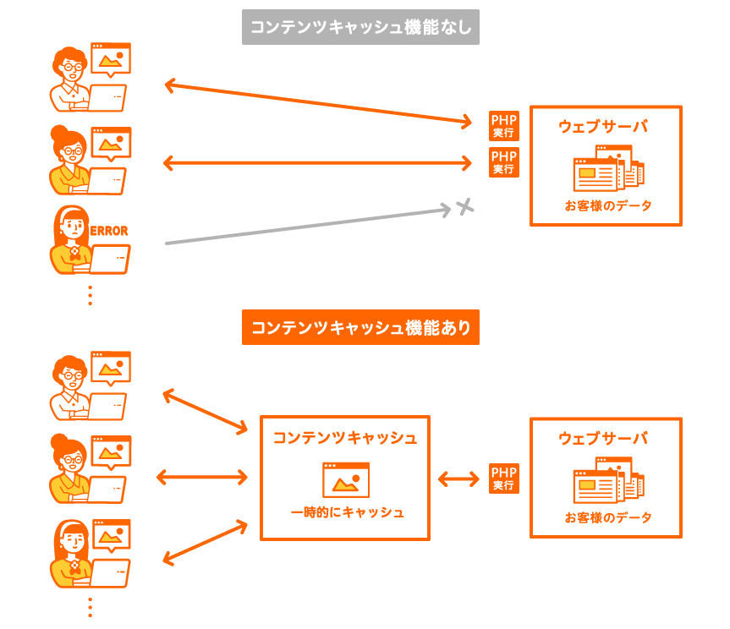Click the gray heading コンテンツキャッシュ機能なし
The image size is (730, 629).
coord(360,27)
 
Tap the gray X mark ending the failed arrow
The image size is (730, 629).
coord(463,206)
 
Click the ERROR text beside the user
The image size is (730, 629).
coord(108,230)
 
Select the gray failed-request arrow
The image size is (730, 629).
coord(305,226)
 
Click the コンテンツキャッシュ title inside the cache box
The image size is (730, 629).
coord(344,438)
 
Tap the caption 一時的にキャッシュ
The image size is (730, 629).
coord(347,512)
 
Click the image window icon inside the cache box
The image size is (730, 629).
coord(346,479)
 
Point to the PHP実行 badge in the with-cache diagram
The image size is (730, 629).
coord(504,479)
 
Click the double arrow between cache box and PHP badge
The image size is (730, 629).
coord(458,479)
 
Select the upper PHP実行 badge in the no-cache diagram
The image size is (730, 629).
coord(504,126)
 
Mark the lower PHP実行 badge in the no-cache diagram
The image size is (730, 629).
coord(504,161)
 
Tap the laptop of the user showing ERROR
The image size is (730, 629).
coord(110,259)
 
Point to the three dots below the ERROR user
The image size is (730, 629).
coord(90,295)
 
